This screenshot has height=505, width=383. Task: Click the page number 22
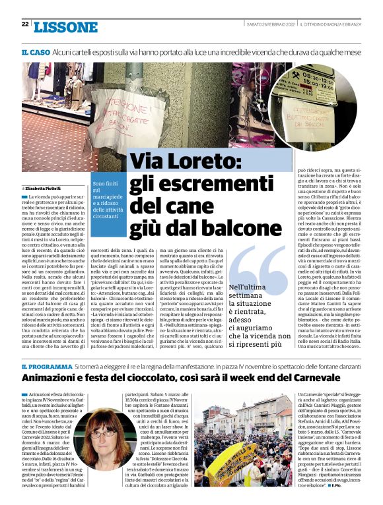coord(24,25)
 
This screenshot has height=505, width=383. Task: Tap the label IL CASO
coord(34,51)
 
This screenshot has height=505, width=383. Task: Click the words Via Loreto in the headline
coord(187,160)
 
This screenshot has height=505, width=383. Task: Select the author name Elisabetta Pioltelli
coord(46,189)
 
